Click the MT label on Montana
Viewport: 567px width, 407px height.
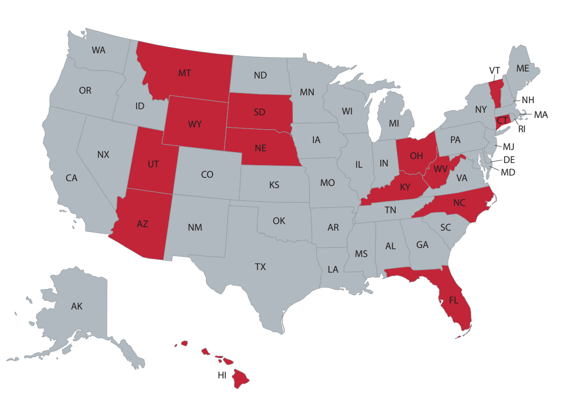coord(185,73)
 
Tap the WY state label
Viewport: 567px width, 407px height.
coord(195,124)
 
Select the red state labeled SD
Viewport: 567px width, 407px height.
coord(259,112)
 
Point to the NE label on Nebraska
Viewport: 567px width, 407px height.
coord(260,148)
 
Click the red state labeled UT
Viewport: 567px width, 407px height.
coord(153,164)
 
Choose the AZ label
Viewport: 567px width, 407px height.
coord(142,224)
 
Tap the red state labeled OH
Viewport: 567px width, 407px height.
coord(416,156)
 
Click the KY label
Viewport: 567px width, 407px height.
coord(405,187)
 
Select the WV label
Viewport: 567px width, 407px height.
coord(440,169)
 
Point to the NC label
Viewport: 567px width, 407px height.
coord(459,203)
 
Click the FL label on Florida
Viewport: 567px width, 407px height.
coord(453,300)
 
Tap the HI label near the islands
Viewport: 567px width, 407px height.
coord(222,375)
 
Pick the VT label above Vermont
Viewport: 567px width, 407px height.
coord(495,71)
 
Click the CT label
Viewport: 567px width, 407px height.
coord(502,120)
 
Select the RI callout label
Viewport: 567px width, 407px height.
coord(521,129)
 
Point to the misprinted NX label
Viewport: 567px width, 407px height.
coord(103,154)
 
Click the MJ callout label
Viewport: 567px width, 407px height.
coord(508,147)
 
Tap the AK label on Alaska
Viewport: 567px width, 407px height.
coord(77,306)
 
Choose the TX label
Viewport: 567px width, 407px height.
coord(260,267)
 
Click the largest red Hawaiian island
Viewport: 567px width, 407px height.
coord(240,379)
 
